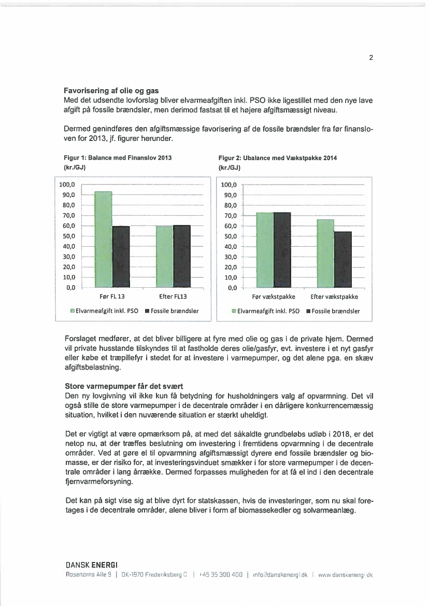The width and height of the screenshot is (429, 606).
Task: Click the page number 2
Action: pyautogui.click(x=371, y=58)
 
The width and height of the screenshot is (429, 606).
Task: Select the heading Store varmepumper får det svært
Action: pyautogui.click(x=117, y=386)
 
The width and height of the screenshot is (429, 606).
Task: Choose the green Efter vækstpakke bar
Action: pyautogui.click(x=325, y=253)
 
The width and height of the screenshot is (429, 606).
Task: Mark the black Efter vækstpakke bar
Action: pyautogui.click(x=343, y=260)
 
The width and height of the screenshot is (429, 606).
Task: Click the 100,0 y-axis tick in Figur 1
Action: pyautogui.click(x=67, y=185)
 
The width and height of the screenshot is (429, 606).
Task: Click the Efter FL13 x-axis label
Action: pyautogui.click(x=173, y=297)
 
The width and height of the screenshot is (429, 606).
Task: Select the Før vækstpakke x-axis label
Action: pyautogui.click(x=274, y=297)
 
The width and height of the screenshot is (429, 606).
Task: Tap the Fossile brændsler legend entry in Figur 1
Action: pyautogui.click(x=172, y=311)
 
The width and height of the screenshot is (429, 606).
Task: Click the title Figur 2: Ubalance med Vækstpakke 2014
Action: pyautogui.click(x=278, y=158)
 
